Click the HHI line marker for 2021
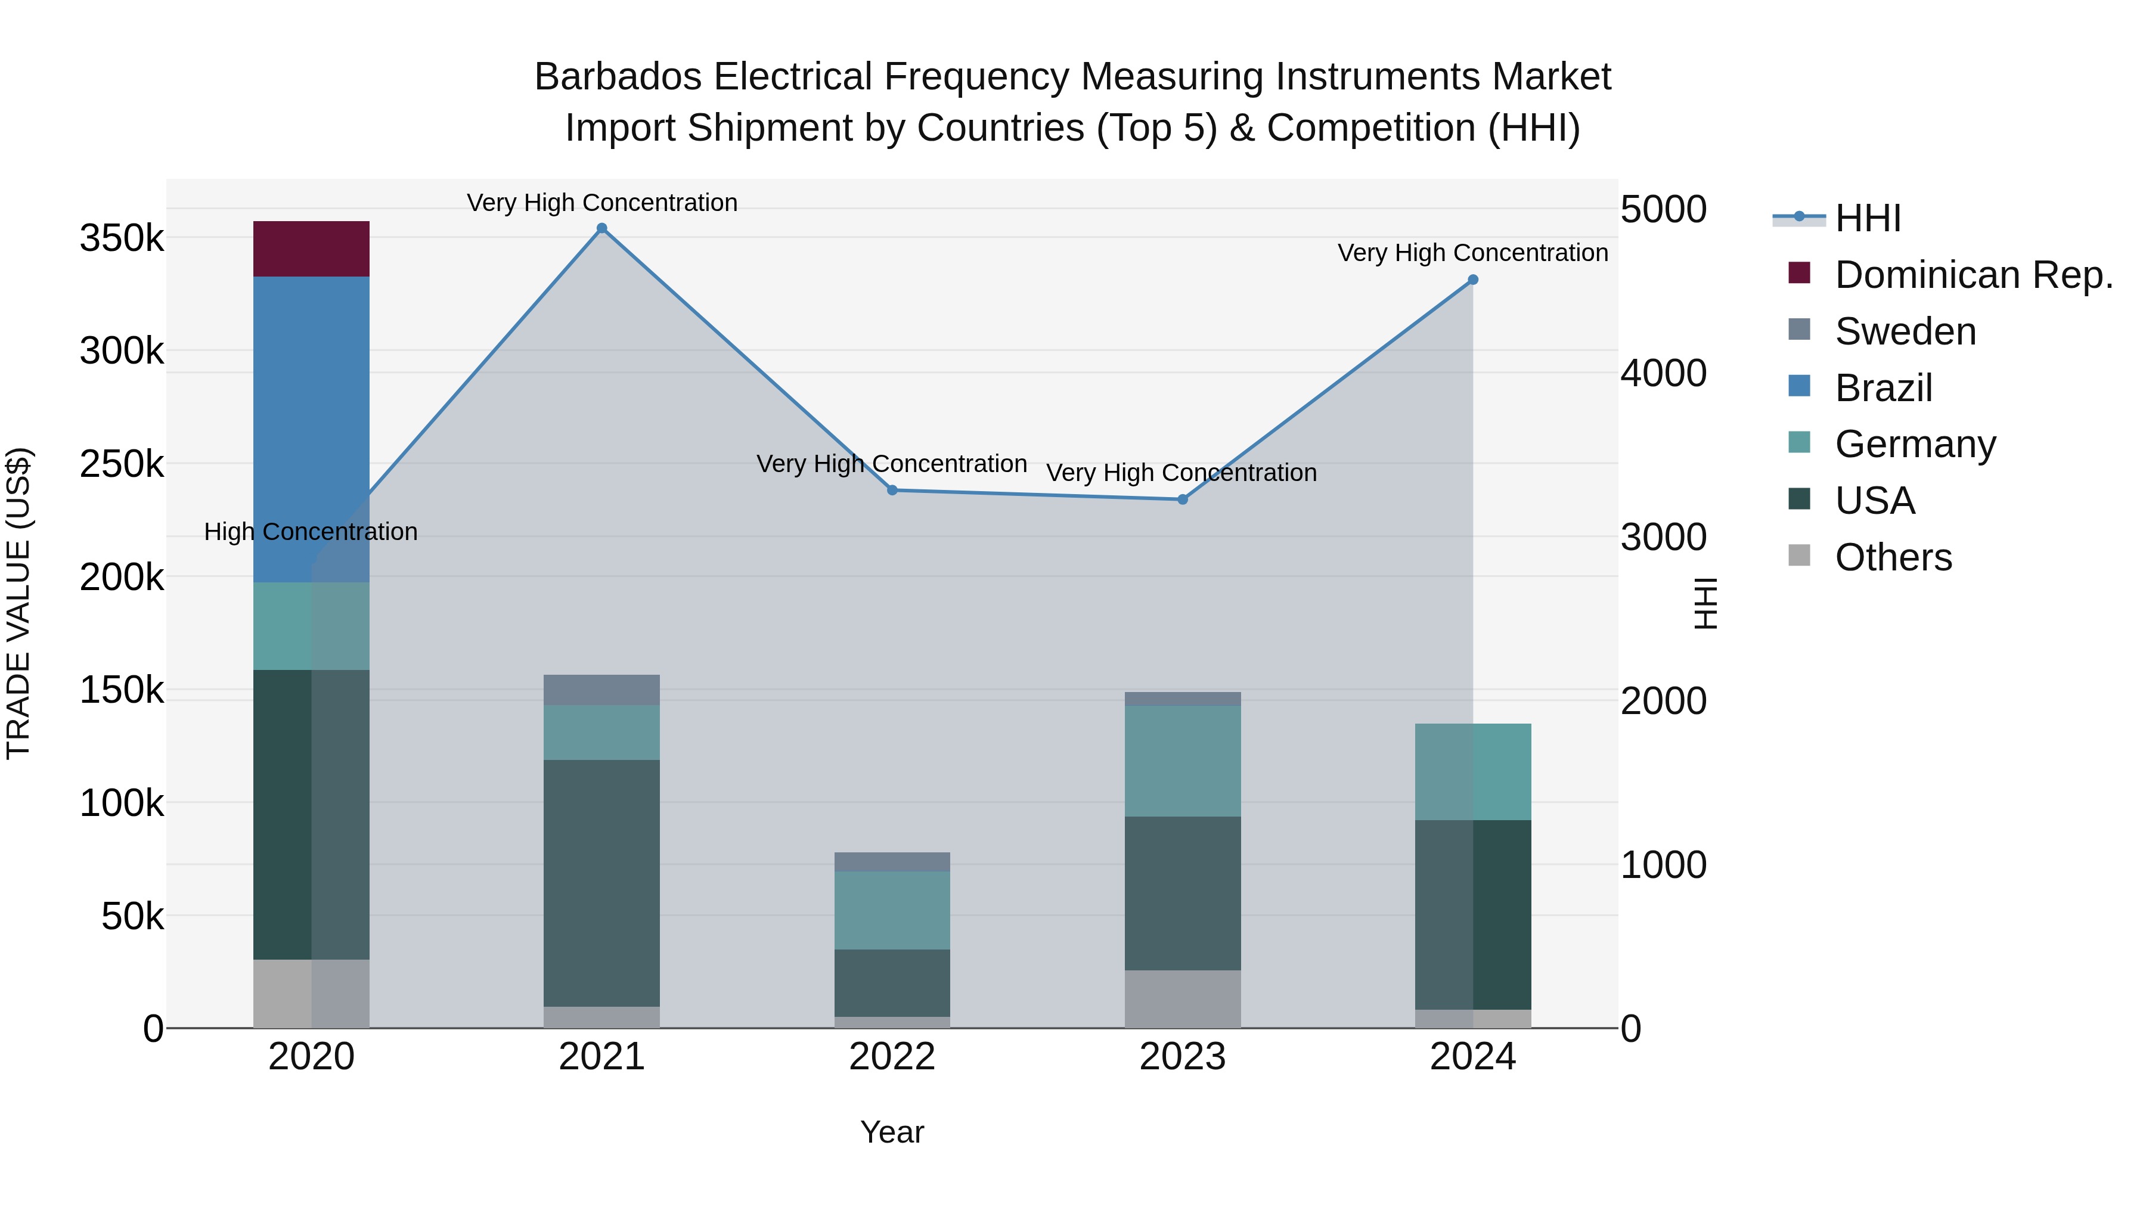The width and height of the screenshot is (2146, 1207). click(601, 228)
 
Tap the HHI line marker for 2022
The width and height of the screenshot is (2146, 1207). click(892, 490)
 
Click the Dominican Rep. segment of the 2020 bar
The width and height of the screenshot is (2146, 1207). click(311, 248)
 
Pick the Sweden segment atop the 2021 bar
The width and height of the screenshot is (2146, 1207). click(601, 690)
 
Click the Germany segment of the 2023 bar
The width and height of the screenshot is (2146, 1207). click(1182, 760)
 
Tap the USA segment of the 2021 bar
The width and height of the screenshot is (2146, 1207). click(601, 883)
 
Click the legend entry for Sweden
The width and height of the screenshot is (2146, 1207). click(1905, 331)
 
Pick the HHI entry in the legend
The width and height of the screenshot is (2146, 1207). click(1867, 218)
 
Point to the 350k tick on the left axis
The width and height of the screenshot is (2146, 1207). click(122, 239)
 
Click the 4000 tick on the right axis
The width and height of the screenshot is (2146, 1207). click(1663, 373)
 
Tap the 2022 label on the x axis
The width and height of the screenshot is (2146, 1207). click(892, 1057)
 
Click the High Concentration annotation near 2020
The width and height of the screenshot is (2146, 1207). click(311, 532)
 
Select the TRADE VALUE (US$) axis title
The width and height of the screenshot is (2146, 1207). click(18, 603)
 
